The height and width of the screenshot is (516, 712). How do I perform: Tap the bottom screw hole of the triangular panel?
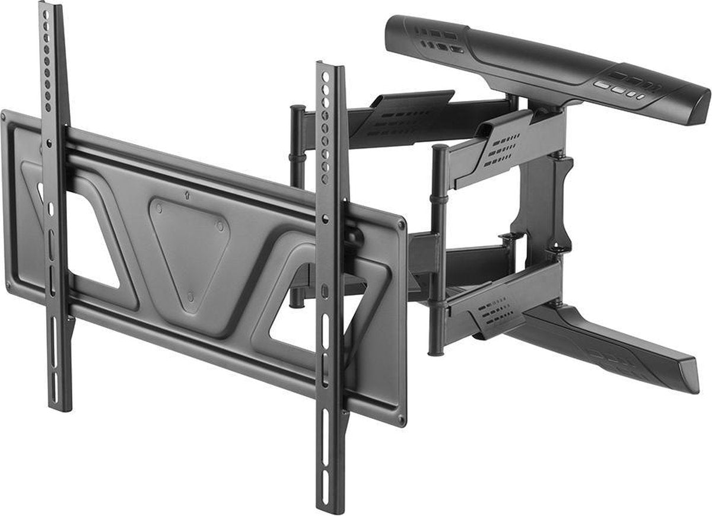click(x=190, y=295)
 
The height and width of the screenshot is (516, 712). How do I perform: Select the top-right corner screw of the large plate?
click(x=402, y=225)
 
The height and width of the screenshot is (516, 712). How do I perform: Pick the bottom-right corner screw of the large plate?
click(x=401, y=419)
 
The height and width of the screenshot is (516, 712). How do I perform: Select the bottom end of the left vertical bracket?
click(x=60, y=406)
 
